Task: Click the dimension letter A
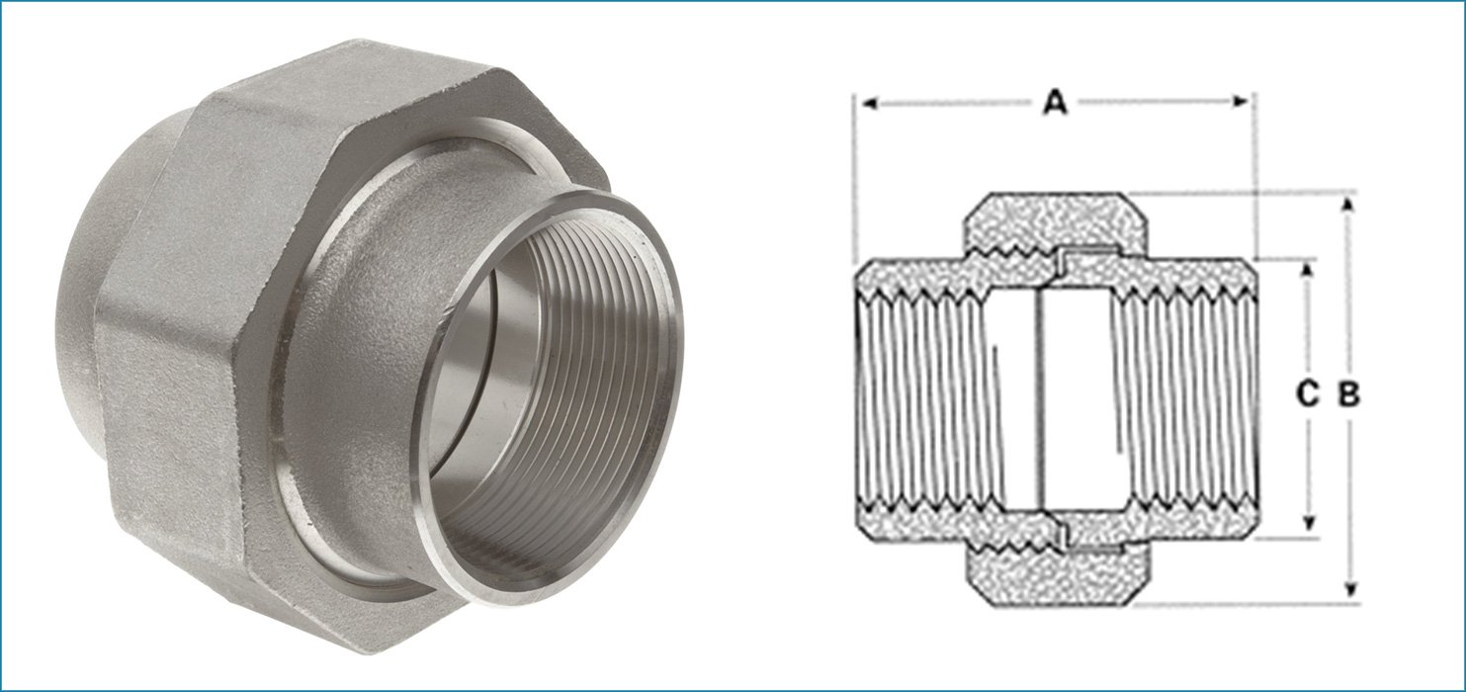click(x=1056, y=102)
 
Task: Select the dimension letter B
click(x=1349, y=395)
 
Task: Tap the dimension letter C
click(x=1307, y=395)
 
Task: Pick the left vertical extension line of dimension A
click(x=854, y=178)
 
